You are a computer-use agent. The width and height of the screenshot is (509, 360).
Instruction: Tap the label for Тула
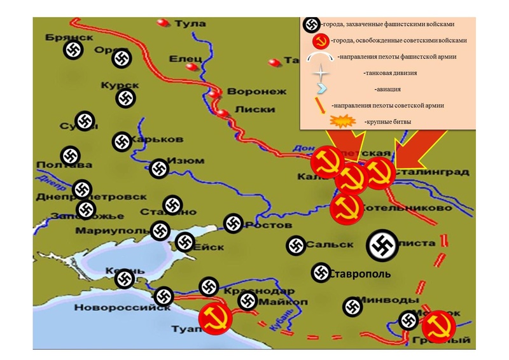tap(190, 24)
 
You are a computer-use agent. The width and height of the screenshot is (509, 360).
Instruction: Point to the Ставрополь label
tap(360, 275)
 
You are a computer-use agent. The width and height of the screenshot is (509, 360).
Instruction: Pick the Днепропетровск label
tap(110, 197)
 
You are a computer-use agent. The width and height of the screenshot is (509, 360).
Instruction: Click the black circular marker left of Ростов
tap(234, 223)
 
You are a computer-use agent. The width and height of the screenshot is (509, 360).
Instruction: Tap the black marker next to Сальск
tap(295, 246)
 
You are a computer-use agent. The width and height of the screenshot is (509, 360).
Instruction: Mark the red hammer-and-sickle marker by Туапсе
tap(215, 318)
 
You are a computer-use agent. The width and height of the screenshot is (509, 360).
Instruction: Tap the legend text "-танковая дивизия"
tap(389, 73)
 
